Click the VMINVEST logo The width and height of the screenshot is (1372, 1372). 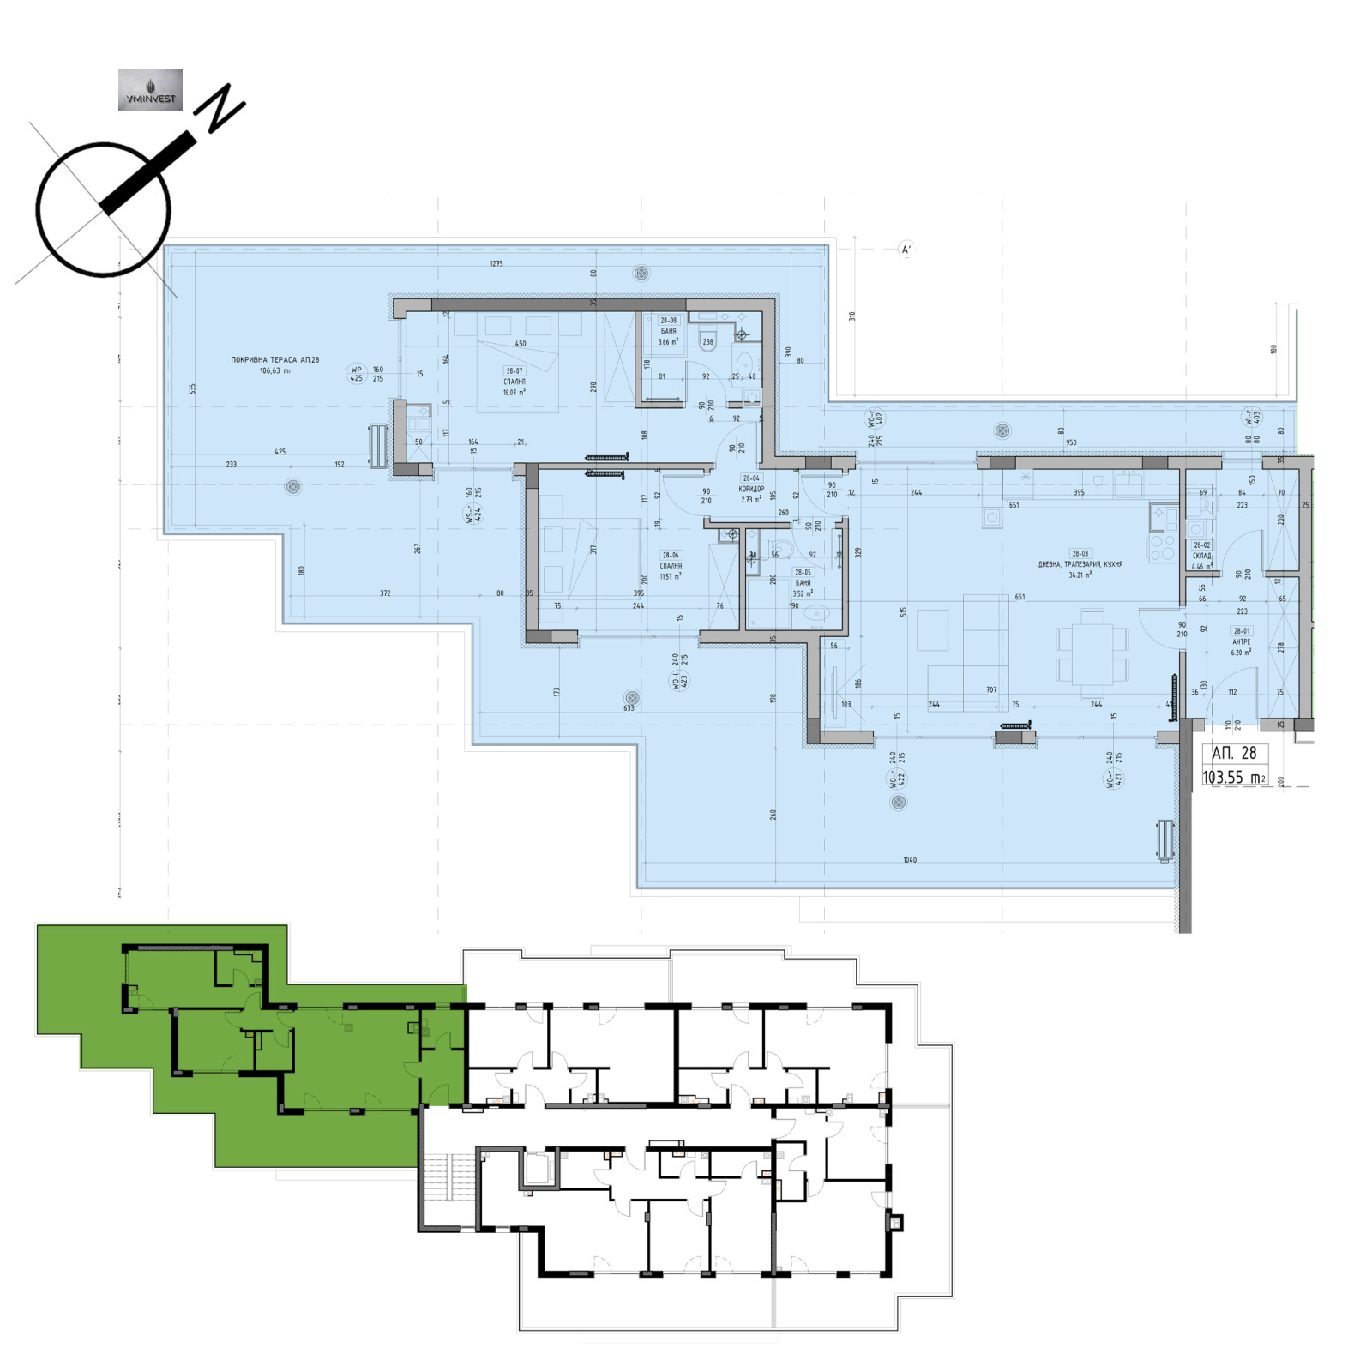[x=150, y=90]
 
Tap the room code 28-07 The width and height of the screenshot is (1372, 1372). [x=514, y=371]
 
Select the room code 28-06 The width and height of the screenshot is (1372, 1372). [x=671, y=556]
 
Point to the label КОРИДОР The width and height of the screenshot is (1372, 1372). [x=751, y=489]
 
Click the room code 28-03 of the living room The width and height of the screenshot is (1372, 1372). [x=1080, y=554]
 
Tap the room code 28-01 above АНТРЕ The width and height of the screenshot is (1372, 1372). [x=1241, y=631]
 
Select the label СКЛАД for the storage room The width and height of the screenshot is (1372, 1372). [x=1201, y=556]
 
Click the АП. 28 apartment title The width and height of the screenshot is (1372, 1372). [x=1234, y=753]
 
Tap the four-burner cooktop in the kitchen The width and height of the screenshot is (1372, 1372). [x=1162, y=546]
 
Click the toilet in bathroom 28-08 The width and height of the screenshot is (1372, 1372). [x=707, y=340]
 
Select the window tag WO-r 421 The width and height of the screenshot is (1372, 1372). [x=1114, y=771]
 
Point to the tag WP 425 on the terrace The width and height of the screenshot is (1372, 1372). [x=357, y=374]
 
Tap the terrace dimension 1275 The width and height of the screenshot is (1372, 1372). [x=496, y=264]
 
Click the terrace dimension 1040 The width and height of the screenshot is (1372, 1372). [x=910, y=859]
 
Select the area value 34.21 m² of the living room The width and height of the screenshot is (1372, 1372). [x=1080, y=575]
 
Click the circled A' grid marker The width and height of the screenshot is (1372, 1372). [x=906, y=250]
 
